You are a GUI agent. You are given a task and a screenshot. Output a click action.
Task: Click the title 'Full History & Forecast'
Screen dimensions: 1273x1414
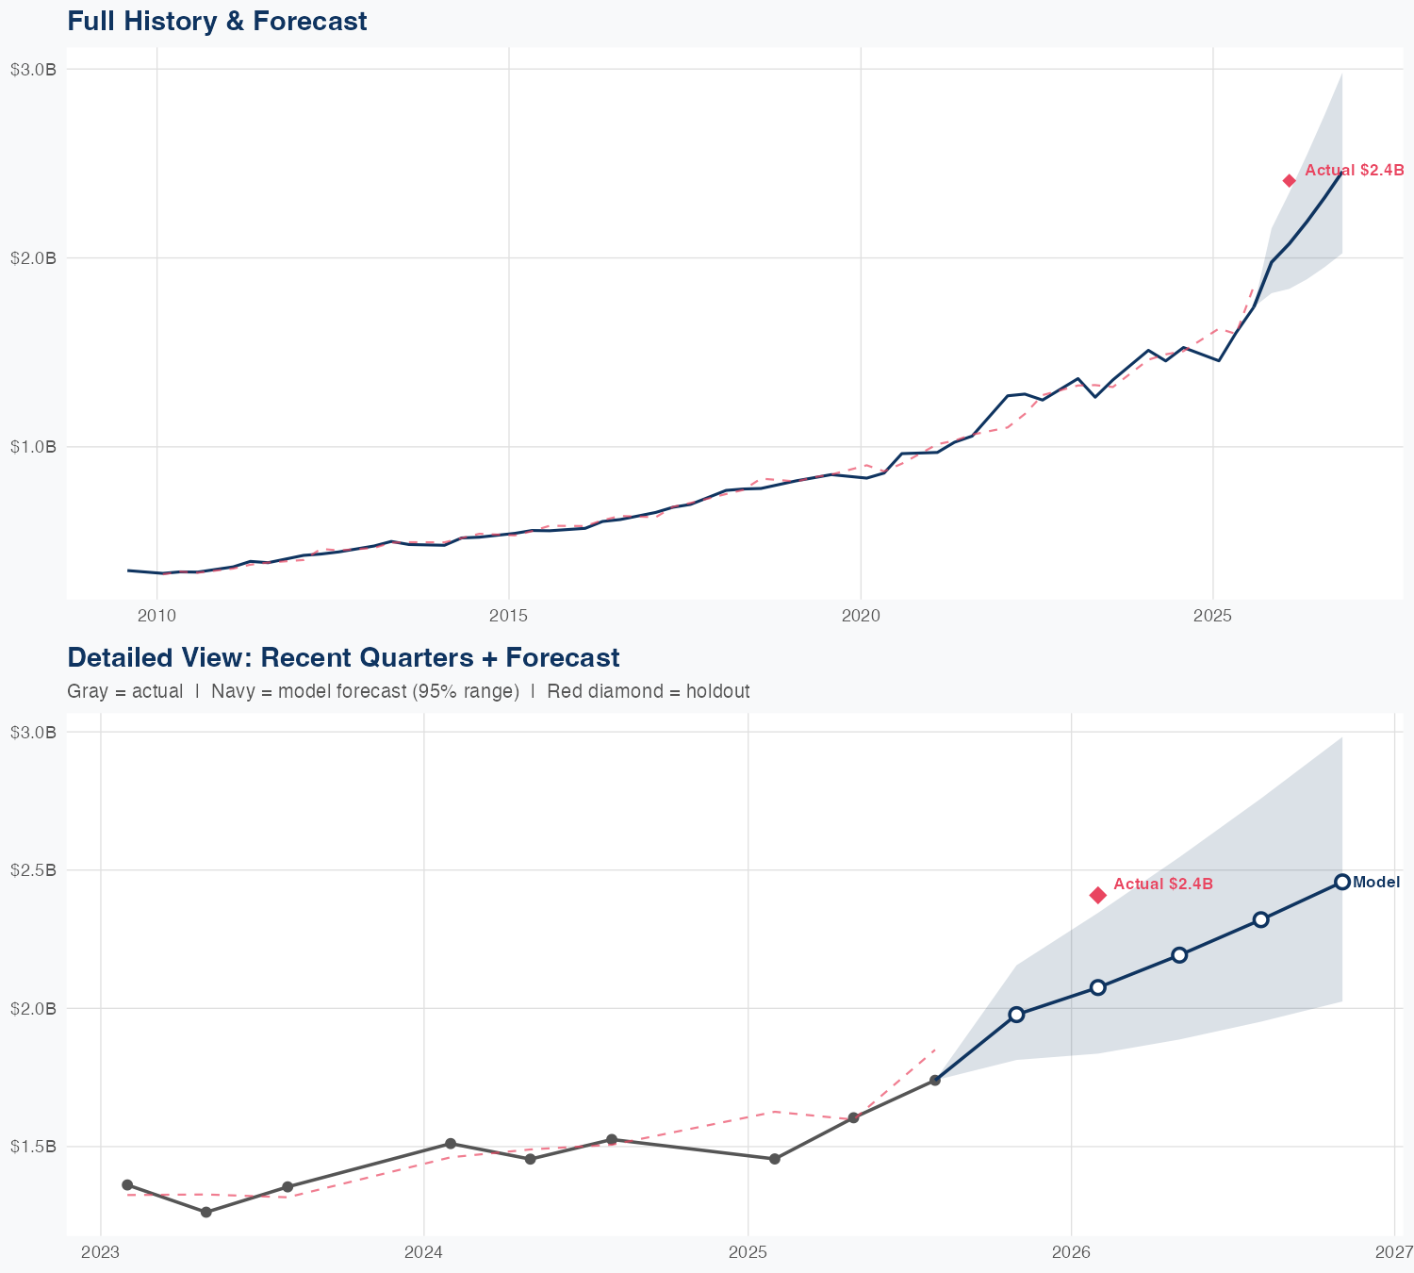[217, 21]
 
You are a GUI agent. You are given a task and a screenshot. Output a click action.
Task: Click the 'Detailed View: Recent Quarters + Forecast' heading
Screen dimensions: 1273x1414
[343, 657]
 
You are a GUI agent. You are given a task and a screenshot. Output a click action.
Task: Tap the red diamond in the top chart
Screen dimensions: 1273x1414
[1290, 181]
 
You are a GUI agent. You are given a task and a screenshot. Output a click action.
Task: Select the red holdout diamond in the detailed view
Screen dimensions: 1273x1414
[1097, 895]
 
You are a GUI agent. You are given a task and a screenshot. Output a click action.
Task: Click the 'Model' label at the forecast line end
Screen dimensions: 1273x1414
[1376, 883]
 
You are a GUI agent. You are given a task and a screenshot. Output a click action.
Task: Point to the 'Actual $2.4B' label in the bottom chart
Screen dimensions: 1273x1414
[1162, 884]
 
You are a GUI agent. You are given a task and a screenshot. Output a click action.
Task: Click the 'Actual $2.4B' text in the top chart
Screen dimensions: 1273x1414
[1355, 171]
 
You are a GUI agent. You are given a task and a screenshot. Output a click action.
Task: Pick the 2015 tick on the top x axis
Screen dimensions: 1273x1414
[509, 616]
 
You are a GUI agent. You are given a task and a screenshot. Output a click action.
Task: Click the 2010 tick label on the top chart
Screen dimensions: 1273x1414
[156, 616]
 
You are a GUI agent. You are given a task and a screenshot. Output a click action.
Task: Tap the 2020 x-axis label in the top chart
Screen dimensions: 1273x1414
[861, 616]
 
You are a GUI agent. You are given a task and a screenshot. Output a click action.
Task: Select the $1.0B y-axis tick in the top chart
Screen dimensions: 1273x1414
[34, 446]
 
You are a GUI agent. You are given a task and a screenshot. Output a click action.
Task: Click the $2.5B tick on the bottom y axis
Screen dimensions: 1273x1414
[34, 869]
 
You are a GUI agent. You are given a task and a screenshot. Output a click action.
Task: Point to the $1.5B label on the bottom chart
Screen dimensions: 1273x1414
[34, 1147]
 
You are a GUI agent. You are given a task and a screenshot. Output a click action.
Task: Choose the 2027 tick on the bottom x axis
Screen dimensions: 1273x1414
[1393, 1252]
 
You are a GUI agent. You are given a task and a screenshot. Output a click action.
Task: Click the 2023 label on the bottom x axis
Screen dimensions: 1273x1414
[100, 1252]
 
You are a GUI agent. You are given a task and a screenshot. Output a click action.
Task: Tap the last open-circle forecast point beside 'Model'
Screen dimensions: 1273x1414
[1342, 883]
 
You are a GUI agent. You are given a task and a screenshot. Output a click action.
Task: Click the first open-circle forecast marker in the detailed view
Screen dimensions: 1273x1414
[1016, 1015]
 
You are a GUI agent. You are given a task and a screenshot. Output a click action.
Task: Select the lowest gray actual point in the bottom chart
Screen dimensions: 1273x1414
[206, 1212]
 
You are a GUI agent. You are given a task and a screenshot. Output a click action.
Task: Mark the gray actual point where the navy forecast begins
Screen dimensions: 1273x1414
[934, 1080]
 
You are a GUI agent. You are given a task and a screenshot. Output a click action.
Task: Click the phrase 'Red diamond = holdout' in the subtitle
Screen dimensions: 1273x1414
[648, 691]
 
